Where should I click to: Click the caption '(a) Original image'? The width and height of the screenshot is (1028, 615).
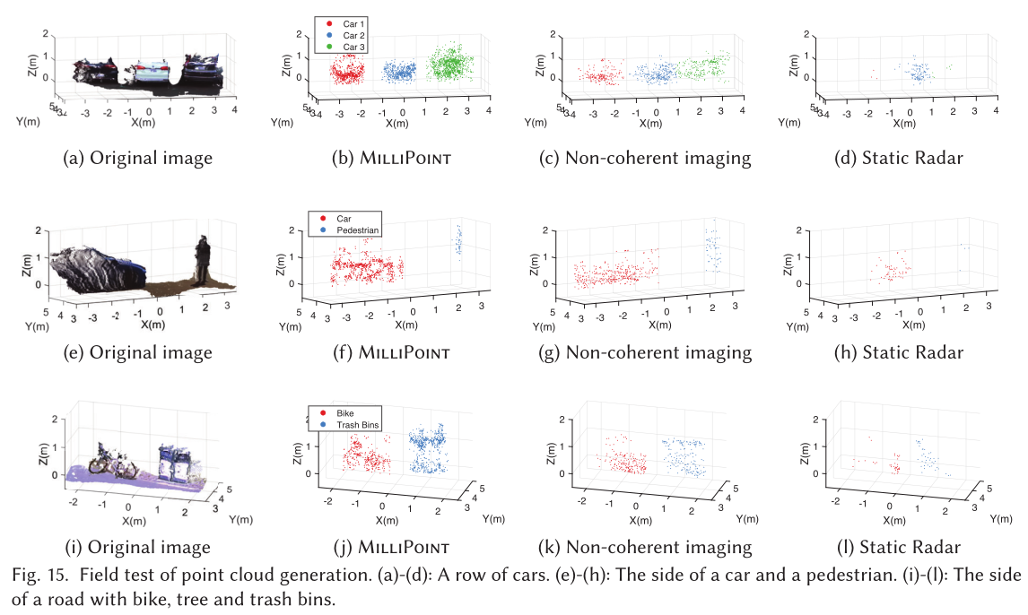pyautogui.click(x=138, y=159)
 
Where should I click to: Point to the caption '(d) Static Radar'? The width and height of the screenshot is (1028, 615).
pyautogui.click(x=912, y=159)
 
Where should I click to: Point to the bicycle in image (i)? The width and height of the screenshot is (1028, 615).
pyautogui.click(x=113, y=459)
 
